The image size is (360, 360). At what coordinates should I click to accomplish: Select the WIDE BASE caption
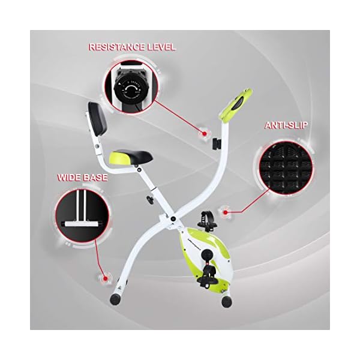(83, 178)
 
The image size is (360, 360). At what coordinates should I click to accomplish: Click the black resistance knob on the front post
(215, 144)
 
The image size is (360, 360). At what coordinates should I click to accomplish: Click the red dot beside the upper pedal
(226, 211)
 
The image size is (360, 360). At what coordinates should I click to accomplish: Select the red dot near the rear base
(107, 278)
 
